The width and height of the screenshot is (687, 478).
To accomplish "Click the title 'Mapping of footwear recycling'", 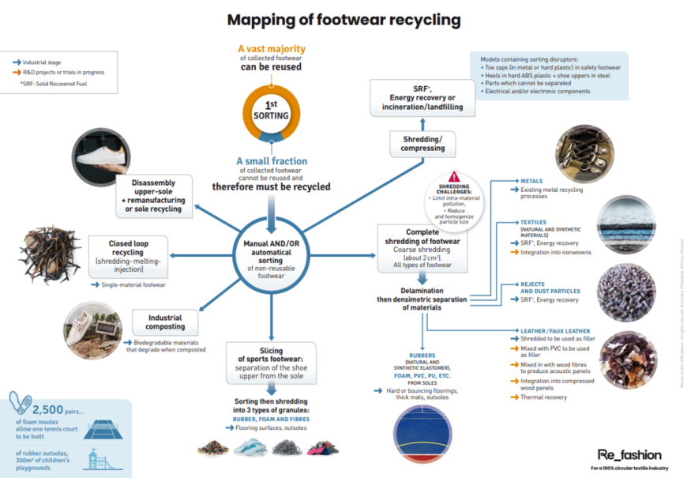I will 343,18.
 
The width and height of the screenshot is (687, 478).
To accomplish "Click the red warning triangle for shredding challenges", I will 454,177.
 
